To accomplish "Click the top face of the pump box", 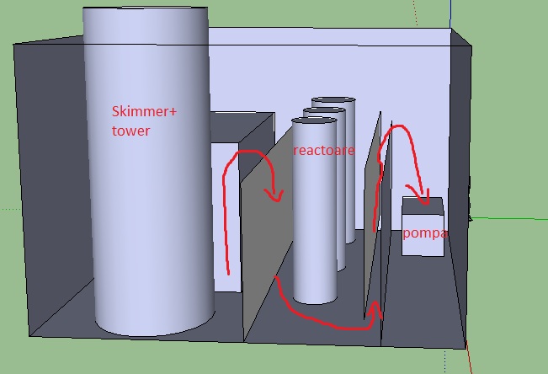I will click(423, 204).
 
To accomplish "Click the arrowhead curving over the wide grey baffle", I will click(273, 195).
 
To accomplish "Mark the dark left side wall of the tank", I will click(51, 185).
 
